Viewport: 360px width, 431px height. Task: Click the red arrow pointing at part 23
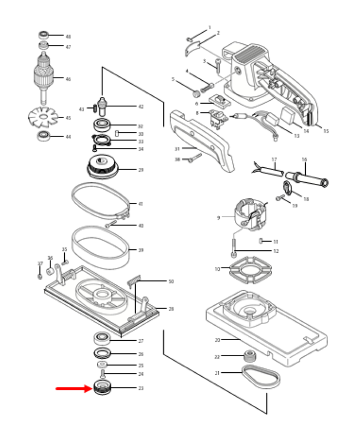[x=73, y=388]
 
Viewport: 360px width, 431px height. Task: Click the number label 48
[x=68, y=37]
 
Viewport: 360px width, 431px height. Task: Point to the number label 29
[x=141, y=170]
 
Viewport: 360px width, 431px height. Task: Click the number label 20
[x=217, y=340]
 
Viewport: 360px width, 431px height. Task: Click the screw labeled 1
[x=190, y=38]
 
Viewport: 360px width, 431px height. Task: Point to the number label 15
[x=326, y=131]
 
